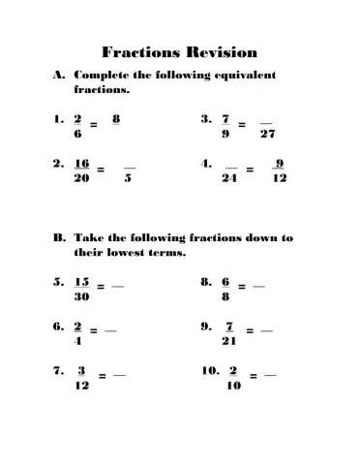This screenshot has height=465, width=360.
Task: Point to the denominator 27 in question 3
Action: pos(266,136)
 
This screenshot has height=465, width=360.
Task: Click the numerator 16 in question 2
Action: pos(82,164)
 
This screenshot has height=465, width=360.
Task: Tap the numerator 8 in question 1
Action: pos(116,119)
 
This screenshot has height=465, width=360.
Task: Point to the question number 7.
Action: pos(59,370)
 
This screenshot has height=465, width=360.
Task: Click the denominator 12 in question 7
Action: pos(82,386)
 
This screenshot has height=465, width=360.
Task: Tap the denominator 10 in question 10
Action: pos(232,386)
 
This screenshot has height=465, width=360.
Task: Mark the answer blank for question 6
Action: pos(111,330)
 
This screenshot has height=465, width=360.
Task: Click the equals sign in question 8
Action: pos(242,287)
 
